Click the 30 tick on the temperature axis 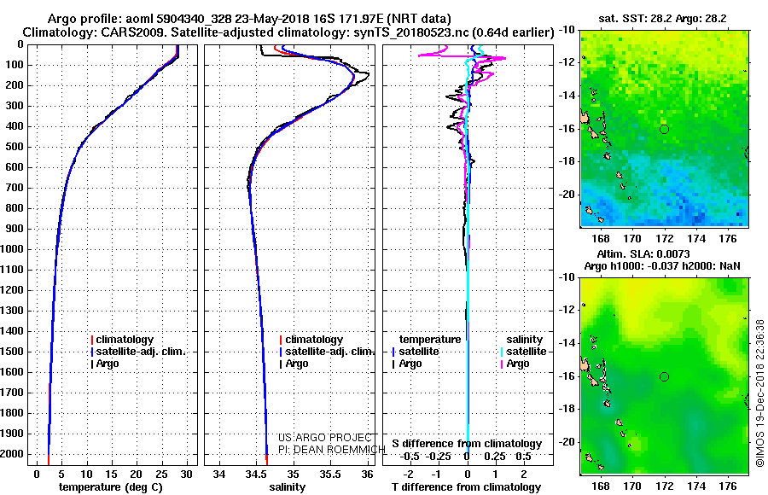pyautogui.click(x=186, y=474)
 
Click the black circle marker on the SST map pyautogui.click(x=664, y=129)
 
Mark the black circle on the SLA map pyautogui.click(x=664, y=376)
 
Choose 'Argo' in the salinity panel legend pyautogui.click(x=297, y=364)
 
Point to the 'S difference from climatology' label pyautogui.click(x=467, y=444)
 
